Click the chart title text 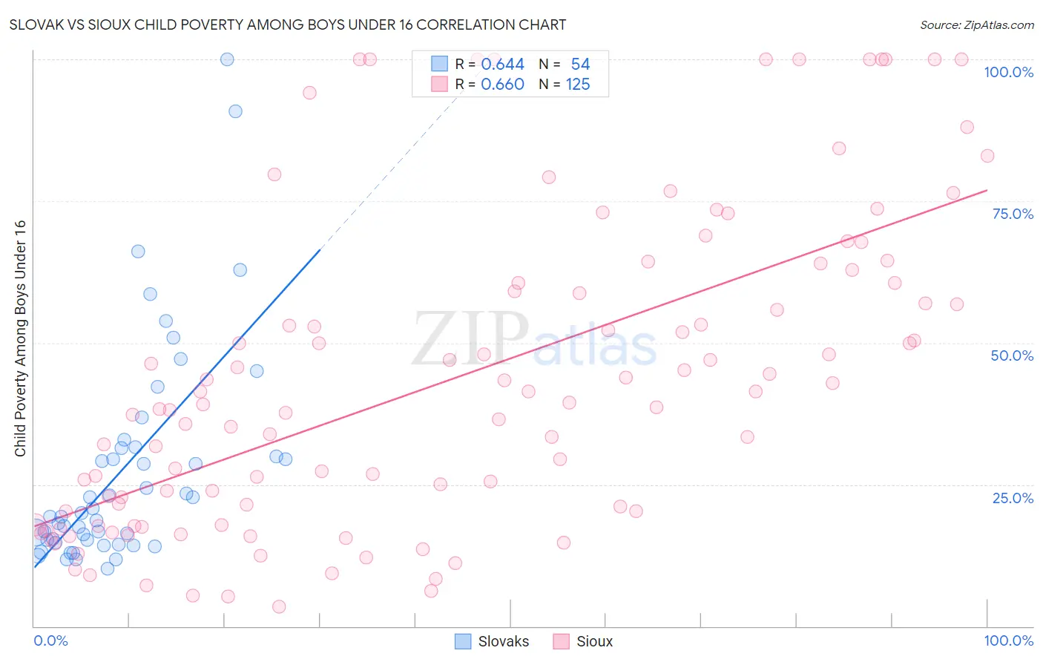[x=289, y=24]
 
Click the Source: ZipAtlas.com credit [x=976, y=24]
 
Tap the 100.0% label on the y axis [x=1008, y=72]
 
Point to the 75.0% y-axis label [x=1013, y=214]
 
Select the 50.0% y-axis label [x=1012, y=355]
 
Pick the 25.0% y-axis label [x=1013, y=497]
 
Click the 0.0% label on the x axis [x=50, y=640]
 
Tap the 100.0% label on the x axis [x=1008, y=640]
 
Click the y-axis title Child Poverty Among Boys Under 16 [x=20, y=338]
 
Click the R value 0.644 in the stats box [x=502, y=64]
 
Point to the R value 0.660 [x=502, y=85]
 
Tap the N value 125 [x=578, y=85]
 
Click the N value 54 [x=580, y=64]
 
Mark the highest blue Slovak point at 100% [x=227, y=59]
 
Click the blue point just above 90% [x=235, y=111]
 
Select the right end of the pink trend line [x=987, y=190]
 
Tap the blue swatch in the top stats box [x=440, y=64]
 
